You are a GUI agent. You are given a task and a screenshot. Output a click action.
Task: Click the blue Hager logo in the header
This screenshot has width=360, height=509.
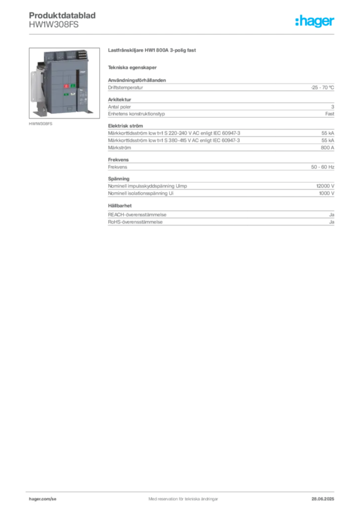pos(315,22)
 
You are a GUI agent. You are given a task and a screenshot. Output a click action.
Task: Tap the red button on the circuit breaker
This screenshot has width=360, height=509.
pos(66,86)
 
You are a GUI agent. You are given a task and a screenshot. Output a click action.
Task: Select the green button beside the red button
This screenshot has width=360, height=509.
pos(73,86)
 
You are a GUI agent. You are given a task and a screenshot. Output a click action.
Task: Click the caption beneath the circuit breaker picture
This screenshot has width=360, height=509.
pos(41,124)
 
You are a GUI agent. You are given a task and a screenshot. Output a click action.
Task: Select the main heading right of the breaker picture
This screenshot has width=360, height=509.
pos(153,51)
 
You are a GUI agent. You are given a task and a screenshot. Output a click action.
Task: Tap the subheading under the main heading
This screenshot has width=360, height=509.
pos(133,67)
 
